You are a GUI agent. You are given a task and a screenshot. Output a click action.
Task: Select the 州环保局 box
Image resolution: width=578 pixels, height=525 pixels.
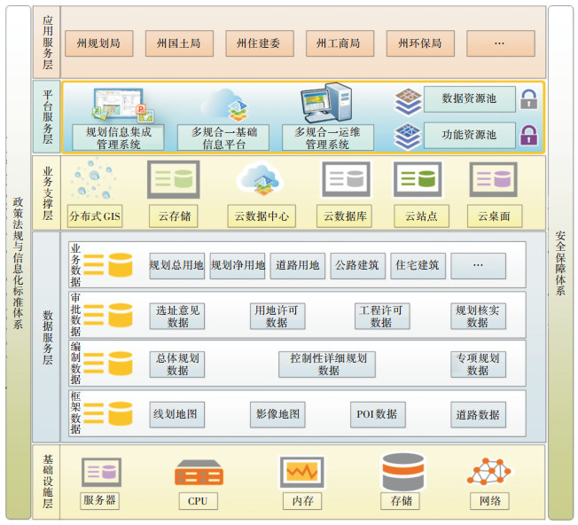420,43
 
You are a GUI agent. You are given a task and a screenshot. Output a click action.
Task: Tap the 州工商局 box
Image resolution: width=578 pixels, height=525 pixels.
339,43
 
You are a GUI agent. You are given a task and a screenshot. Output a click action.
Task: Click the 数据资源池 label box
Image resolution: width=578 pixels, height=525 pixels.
469,98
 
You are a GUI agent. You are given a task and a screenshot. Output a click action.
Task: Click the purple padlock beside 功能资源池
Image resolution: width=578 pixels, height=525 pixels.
529,135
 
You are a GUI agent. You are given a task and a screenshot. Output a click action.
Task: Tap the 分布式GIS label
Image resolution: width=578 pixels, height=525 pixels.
95,215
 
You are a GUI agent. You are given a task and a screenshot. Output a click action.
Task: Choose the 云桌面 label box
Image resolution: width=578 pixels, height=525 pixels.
495,215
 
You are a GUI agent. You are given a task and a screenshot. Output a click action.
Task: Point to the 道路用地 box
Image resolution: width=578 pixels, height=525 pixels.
297,265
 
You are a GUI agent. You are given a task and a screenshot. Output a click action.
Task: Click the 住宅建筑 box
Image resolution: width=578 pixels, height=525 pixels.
417,265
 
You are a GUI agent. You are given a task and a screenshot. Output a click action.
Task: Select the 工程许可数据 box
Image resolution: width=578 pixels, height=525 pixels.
381,316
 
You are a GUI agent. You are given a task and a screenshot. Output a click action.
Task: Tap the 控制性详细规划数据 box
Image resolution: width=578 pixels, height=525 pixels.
328,364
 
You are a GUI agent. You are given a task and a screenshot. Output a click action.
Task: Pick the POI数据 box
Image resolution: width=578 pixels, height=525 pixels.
377,413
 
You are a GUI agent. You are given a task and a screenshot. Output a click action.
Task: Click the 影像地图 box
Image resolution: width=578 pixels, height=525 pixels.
278,413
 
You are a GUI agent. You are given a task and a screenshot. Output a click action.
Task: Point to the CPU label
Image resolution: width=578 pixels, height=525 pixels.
198,501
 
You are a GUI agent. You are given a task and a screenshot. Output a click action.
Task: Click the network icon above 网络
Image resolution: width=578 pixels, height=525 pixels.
490,472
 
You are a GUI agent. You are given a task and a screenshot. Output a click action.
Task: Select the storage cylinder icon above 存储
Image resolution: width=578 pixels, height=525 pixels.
402,471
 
